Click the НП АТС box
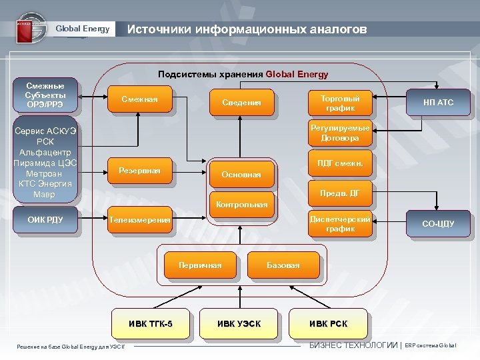438,103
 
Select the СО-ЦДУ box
438,224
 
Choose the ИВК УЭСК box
239,324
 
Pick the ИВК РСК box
328,324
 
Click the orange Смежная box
139,100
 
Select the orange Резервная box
139,171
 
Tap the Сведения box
241,103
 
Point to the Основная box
241,175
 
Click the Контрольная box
241,204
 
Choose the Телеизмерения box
141,219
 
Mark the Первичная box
200,265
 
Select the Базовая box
283,265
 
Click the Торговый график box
340,103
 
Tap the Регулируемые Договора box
340,133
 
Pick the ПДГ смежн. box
340,162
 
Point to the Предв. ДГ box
340,193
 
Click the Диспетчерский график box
340,223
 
